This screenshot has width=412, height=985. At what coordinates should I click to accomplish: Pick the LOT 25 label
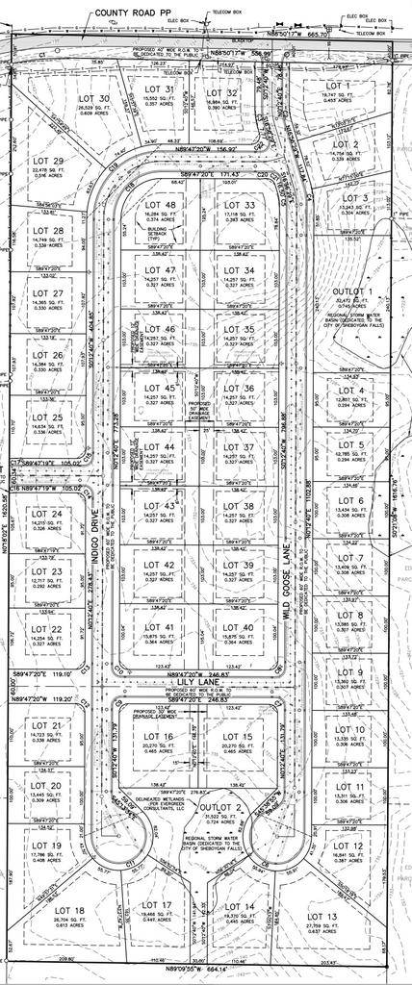(x=45, y=417)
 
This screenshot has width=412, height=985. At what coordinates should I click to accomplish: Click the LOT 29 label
(x=46, y=161)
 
